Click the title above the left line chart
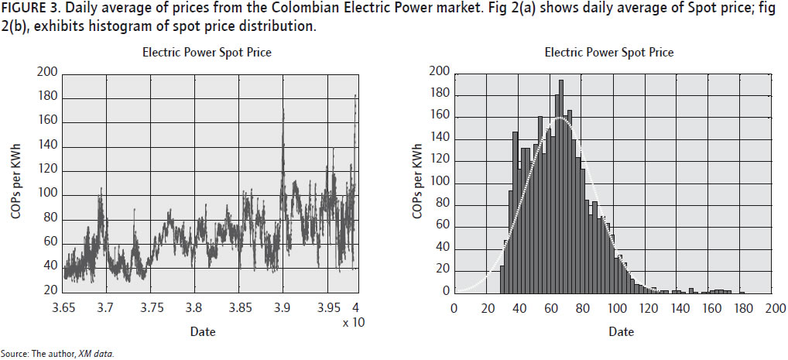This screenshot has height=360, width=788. click(x=207, y=53)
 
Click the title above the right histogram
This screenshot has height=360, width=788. click(x=609, y=53)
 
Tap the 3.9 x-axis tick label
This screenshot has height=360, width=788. click(x=283, y=307)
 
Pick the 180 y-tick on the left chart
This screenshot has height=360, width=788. click(x=47, y=97)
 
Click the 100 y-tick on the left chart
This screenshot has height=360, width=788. click(x=47, y=194)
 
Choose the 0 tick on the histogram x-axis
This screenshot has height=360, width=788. click(x=454, y=307)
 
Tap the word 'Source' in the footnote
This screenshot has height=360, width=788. click(x=15, y=354)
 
